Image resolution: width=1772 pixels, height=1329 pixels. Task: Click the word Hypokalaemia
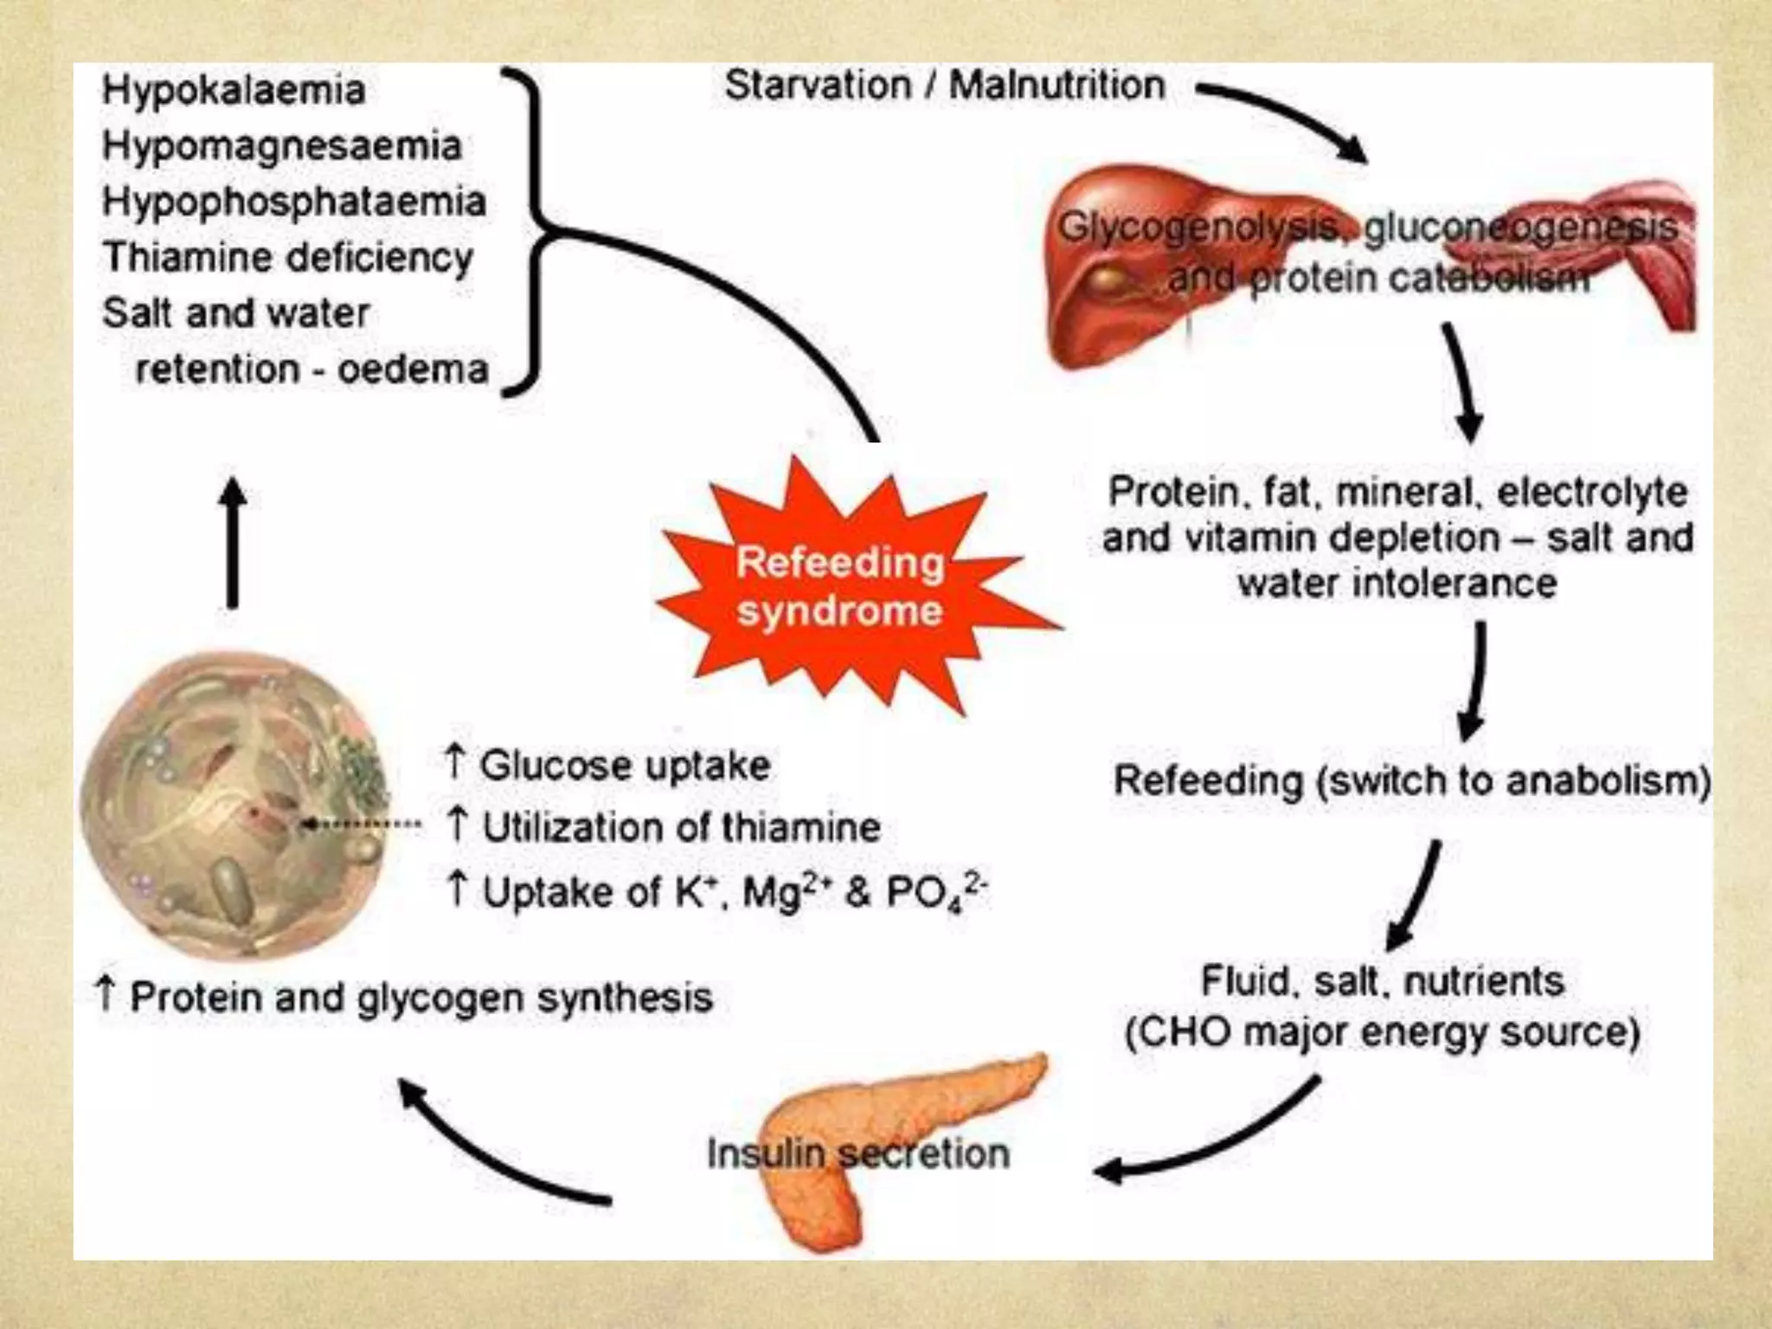[234, 91]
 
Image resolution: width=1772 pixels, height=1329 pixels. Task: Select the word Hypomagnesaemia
[282, 145]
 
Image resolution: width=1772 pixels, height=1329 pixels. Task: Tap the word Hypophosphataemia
[294, 202]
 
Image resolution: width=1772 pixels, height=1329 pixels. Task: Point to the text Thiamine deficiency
[288, 257]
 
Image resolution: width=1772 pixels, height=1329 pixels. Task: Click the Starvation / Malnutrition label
[945, 86]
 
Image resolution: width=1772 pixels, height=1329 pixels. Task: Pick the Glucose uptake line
[608, 765]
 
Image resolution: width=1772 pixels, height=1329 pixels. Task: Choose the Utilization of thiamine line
[664, 827]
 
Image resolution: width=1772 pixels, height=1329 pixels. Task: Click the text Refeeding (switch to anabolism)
[1410, 780]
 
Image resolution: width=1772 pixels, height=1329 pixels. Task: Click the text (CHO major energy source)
[1382, 1032]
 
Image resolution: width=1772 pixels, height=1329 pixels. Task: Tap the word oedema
[414, 369]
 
